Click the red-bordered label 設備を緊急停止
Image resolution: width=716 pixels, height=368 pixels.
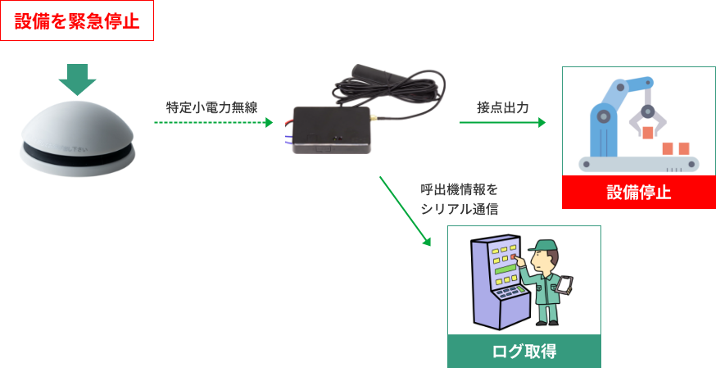click(77, 20)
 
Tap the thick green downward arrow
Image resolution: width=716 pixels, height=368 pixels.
click(77, 80)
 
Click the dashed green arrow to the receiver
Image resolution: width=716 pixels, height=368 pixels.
click(213, 123)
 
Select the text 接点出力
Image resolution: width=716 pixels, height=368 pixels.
click(502, 107)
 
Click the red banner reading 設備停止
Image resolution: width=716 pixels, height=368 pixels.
click(639, 193)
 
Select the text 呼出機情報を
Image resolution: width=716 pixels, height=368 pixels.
click(459, 189)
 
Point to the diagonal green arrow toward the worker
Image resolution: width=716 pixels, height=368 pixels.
click(405, 211)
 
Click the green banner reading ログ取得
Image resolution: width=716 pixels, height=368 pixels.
click(524, 352)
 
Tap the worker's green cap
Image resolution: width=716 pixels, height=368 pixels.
click(542, 245)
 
